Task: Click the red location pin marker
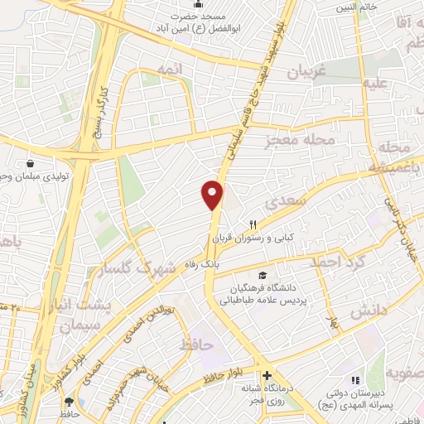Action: [213, 194]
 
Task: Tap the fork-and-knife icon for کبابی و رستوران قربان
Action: [254, 224]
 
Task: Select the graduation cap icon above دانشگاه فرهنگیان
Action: [263, 276]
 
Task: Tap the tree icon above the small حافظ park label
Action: [69, 400]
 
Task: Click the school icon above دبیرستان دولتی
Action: [355, 379]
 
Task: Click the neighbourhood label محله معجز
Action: [300, 141]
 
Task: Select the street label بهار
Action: [333, 321]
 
